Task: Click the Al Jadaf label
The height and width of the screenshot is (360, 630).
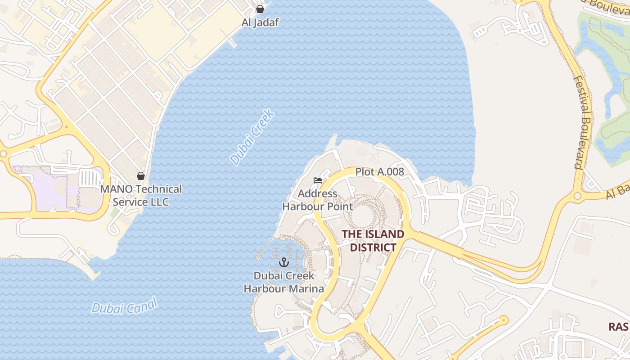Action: coord(260,22)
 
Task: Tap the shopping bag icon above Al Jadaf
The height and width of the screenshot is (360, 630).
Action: coord(260,9)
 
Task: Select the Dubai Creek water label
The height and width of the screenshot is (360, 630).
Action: coord(252,137)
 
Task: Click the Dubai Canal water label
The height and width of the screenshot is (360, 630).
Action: coord(125,306)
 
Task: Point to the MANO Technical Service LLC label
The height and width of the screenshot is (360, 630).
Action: coord(141,195)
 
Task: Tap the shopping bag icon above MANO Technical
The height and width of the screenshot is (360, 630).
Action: coord(141,176)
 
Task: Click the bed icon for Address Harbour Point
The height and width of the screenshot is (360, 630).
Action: coord(318,180)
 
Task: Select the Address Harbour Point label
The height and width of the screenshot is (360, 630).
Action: coord(317,200)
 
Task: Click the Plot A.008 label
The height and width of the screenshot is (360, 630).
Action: coord(380,171)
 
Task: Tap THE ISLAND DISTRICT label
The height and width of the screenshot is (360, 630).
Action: coord(373,241)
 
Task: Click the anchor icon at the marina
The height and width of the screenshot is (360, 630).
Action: coord(284,262)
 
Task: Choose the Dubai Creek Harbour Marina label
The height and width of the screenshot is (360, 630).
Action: coord(284,282)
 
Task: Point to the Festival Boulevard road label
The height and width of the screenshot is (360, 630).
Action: coord(584,121)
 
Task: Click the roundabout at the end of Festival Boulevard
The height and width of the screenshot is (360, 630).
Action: coord(577,196)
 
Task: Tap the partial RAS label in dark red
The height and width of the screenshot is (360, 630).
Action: coord(619,327)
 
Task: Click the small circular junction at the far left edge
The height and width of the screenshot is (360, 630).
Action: coord(3,154)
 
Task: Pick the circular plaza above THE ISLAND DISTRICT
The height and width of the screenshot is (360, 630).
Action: coord(362,216)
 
